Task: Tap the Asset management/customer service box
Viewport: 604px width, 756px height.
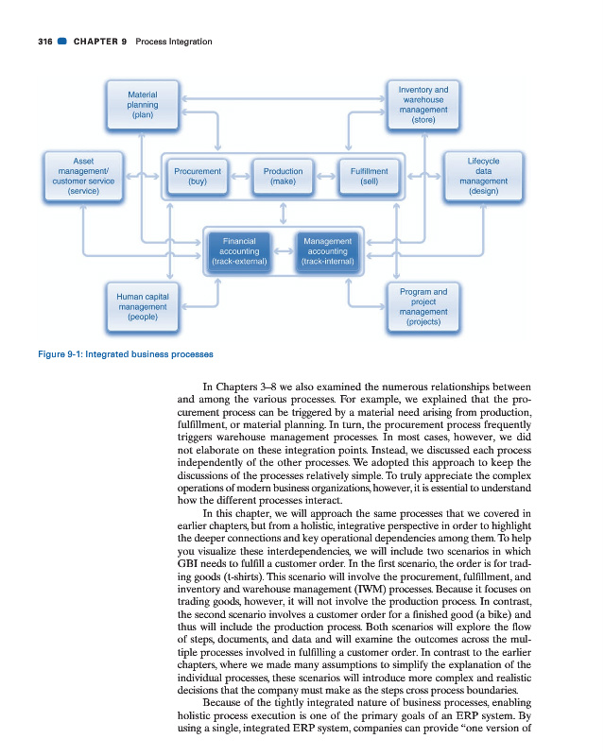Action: coord(83,176)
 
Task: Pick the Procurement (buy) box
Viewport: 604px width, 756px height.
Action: coord(198,176)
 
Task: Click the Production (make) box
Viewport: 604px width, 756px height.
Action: coord(284,176)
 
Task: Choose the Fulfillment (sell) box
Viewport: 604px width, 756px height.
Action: coord(370,176)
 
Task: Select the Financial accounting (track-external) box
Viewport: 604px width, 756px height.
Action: coord(238,251)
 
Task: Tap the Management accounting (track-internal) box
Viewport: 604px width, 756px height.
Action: coord(327,251)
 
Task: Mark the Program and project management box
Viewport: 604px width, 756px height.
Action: coord(423,306)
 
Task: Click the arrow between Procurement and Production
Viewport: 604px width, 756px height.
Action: coord(240,176)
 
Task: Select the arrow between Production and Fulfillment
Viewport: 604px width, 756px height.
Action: coord(326,176)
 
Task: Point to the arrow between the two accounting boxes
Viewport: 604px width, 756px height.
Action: coord(283,251)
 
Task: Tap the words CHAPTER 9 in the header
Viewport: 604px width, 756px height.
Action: coord(100,42)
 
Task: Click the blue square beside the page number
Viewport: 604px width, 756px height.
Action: coord(60,42)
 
